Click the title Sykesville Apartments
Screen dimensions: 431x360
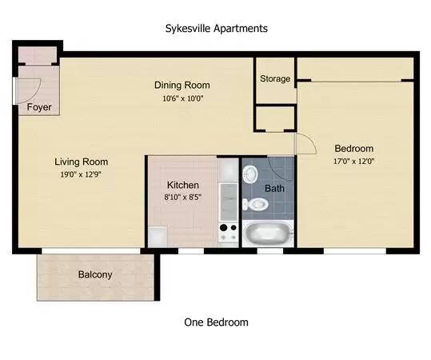click(x=217, y=29)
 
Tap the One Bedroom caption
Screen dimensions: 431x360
click(x=216, y=322)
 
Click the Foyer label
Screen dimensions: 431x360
click(x=39, y=107)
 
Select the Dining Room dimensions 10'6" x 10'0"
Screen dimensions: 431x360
click(x=183, y=98)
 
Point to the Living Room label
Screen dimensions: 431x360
click(x=81, y=162)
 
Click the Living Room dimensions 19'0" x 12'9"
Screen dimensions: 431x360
click(x=81, y=174)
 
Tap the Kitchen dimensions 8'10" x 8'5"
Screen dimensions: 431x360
click(x=183, y=197)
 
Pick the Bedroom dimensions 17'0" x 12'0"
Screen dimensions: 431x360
click(x=353, y=161)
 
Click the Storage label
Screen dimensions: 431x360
click(x=275, y=78)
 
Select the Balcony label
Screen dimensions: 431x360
click(x=95, y=274)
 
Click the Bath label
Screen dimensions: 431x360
click(x=274, y=188)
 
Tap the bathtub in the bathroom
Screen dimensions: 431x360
click(x=268, y=234)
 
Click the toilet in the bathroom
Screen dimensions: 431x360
click(x=255, y=204)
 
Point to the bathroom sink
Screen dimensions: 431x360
click(x=250, y=174)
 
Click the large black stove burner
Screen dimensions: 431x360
click(x=224, y=228)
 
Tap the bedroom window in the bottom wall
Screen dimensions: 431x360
click(x=355, y=251)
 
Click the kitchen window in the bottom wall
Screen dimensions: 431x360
click(x=191, y=251)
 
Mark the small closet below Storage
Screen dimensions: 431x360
click(x=275, y=118)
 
